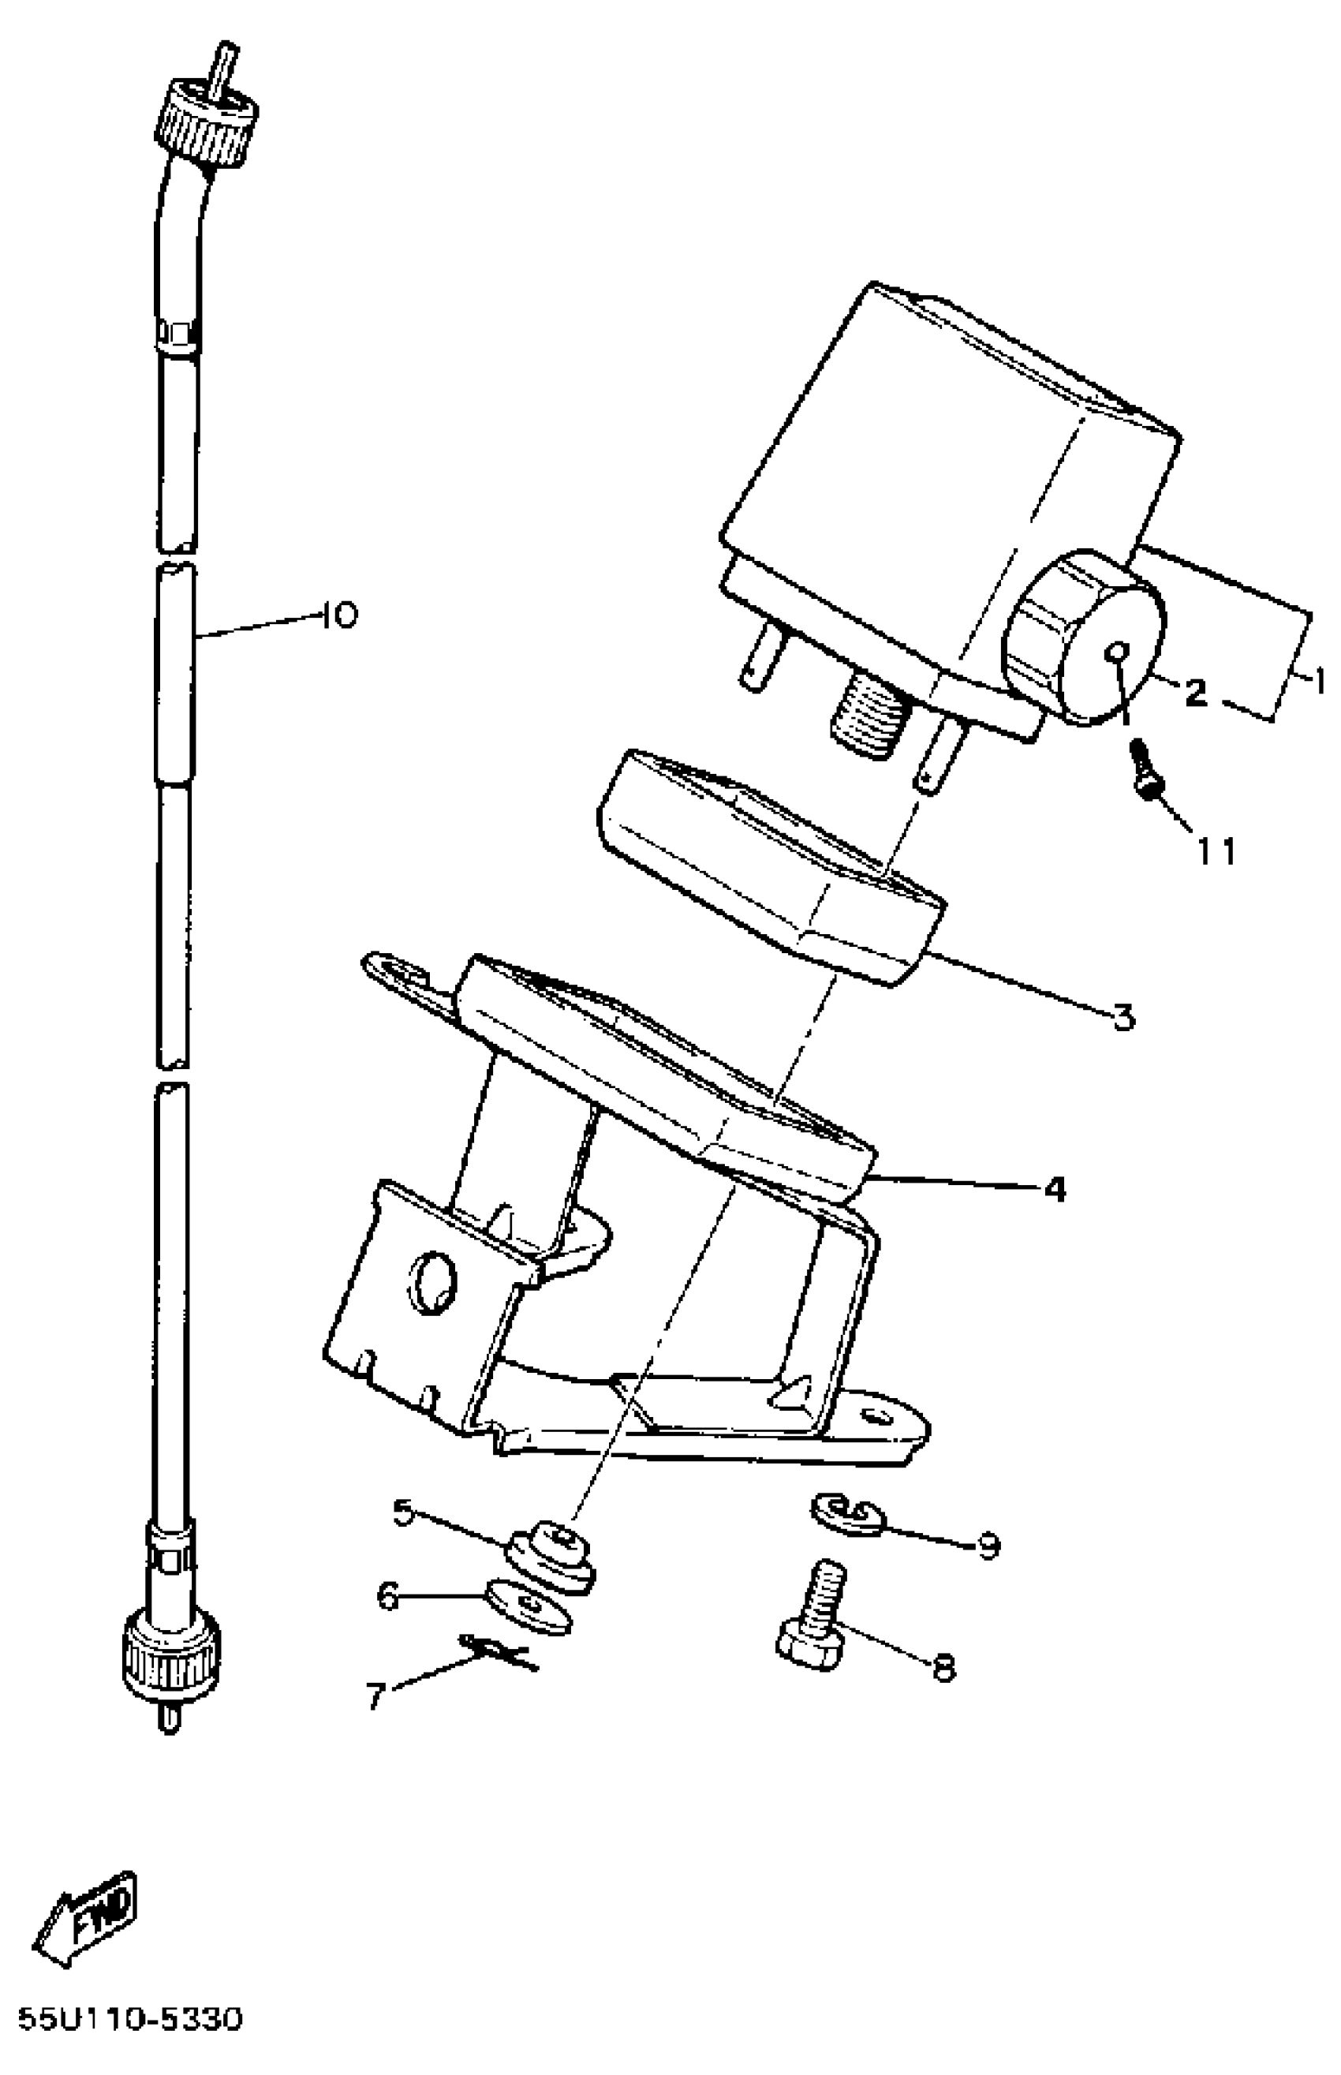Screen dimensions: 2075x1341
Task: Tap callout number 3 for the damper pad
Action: click(x=1124, y=1016)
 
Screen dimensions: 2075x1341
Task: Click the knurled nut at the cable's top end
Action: click(x=207, y=119)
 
